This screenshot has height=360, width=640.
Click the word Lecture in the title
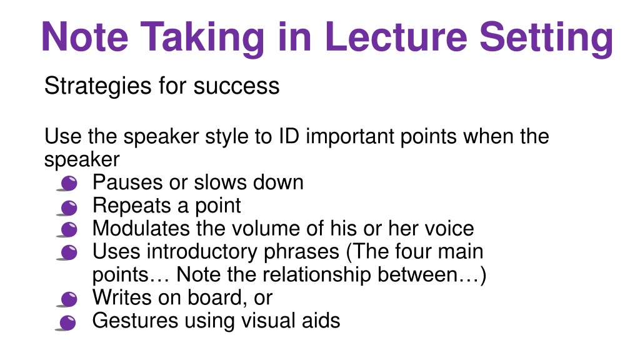[x=396, y=37]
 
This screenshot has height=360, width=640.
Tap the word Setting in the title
[x=546, y=39]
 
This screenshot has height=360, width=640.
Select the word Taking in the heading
[x=202, y=39]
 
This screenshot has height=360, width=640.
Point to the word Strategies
[x=97, y=86]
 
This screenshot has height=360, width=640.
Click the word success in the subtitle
[x=236, y=86]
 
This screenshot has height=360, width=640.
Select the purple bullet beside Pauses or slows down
[x=67, y=183]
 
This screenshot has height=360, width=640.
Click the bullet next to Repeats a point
[x=67, y=207]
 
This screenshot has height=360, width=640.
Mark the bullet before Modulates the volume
[x=67, y=229]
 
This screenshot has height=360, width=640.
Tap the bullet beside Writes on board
[x=67, y=299]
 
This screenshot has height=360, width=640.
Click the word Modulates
[x=141, y=228]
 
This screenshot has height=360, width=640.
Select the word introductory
[x=202, y=252]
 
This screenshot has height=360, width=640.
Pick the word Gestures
[x=135, y=321]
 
